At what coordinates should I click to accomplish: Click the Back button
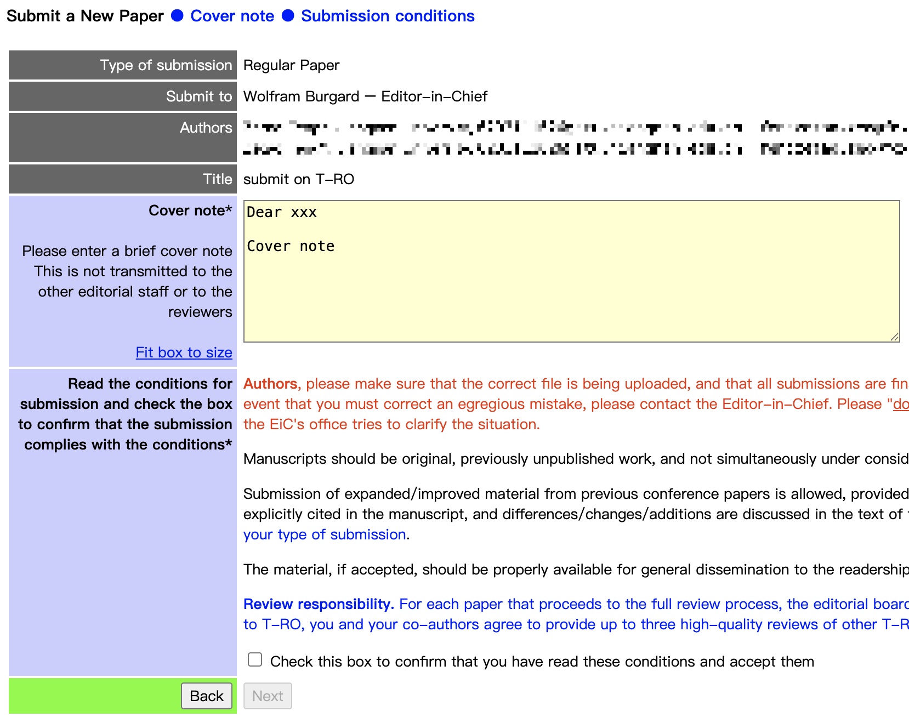(207, 696)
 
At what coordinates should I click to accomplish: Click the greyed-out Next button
(268, 696)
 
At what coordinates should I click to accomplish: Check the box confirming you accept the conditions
(255, 659)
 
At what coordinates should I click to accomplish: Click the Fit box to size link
(184, 352)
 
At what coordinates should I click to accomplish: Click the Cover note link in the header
(232, 16)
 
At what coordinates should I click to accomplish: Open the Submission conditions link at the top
(387, 16)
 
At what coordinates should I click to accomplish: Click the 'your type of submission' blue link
(325, 534)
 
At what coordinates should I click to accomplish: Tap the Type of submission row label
(166, 65)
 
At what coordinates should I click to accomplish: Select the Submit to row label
(199, 96)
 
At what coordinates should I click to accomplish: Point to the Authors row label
(206, 128)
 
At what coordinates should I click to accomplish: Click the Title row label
(217, 179)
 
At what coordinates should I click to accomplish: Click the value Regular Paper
(291, 65)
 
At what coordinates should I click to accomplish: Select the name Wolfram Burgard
(301, 96)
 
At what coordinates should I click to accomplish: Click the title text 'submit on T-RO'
(298, 179)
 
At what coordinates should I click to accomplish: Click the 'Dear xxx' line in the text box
(282, 213)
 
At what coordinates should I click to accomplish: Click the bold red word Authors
(270, 384)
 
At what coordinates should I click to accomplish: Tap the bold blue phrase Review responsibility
(319, 604)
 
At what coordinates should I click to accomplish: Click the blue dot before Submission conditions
(288, 16)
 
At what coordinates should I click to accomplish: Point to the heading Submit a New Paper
(85, 16)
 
